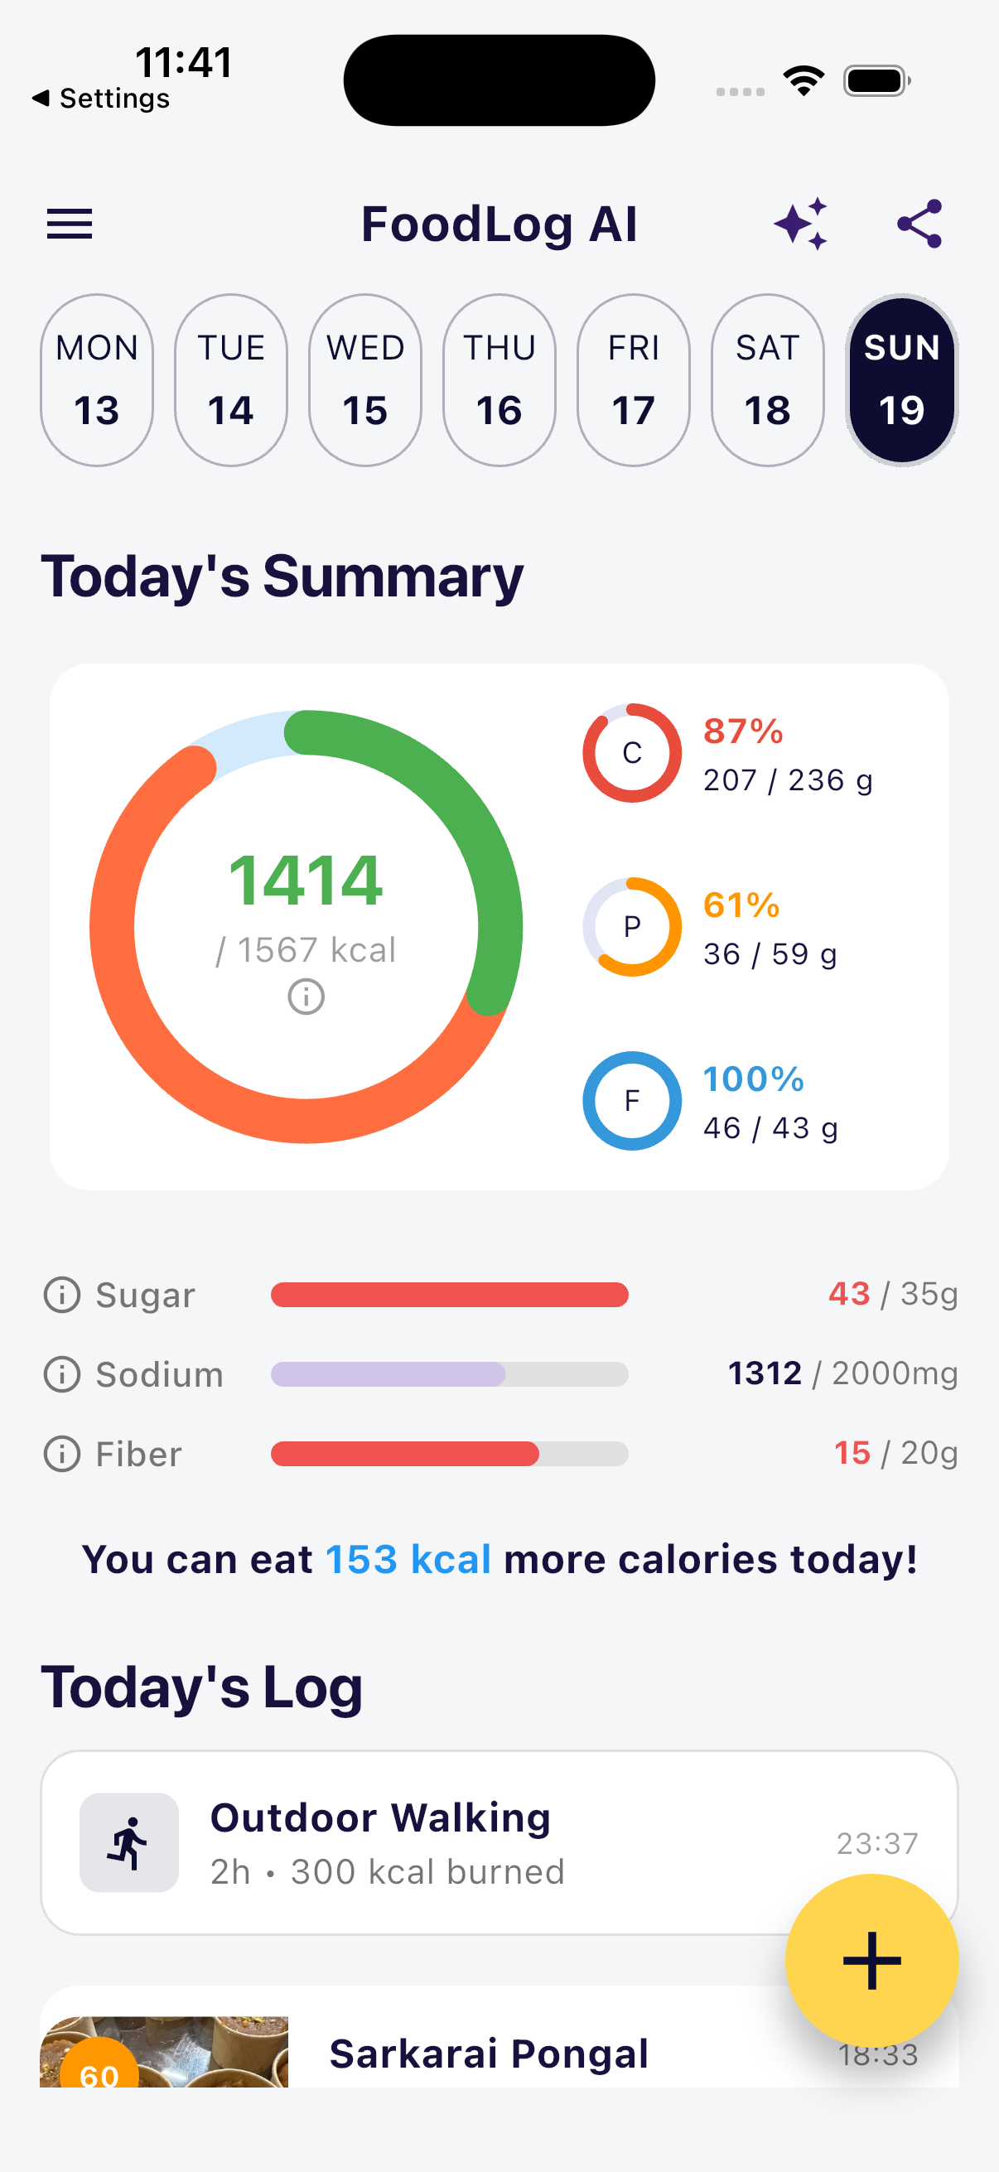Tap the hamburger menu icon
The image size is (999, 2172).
69,224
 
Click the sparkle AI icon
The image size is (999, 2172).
801,224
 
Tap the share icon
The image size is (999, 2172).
919,224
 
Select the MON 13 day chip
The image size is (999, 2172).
97,380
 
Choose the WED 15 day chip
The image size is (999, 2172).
365,380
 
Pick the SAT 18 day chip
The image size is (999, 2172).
767,380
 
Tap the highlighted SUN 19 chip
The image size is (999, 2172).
901,380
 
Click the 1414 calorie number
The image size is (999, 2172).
306,881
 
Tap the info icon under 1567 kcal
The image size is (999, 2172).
306,997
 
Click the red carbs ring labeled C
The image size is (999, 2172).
631,753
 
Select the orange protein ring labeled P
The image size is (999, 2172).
631,927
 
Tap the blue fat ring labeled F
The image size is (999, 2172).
631,1100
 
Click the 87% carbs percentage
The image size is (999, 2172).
744,731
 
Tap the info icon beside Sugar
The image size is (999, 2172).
61,1294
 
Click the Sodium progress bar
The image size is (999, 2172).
449,1374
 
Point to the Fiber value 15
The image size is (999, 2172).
852,1453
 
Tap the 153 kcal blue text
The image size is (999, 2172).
408,1559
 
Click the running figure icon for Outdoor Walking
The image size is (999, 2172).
129,1842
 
